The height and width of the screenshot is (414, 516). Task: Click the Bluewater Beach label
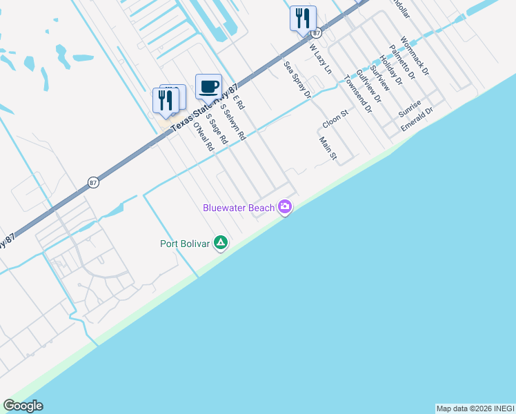pos(239,208)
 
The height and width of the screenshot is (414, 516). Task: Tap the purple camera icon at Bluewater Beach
pos(285,207)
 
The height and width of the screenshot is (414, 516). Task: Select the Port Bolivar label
pos(185,243)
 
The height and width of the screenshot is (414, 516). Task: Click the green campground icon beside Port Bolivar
pos(221,242)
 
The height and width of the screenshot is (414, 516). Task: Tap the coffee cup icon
pos(208,88)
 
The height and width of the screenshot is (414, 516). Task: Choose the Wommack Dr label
pos(415,57)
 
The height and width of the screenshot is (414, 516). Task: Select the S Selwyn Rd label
pos(232,122)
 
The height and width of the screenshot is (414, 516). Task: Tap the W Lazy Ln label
pos(320,60)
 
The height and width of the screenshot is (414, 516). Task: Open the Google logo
pos(23,406)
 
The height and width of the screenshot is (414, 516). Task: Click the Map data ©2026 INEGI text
pos(475,408)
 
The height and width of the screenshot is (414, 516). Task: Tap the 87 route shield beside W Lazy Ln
pos(316,33)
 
